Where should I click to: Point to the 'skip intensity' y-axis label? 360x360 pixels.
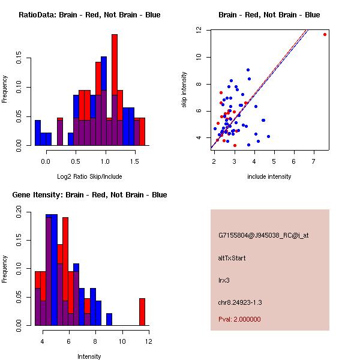[184, 90]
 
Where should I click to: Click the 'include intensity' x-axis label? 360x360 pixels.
[269, 176]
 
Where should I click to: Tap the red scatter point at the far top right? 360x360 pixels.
[325, 34]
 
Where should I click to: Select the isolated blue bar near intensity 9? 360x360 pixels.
[109, 319]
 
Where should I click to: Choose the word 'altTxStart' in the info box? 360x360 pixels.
[232, 258]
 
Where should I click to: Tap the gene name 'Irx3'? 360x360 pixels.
[224, 280]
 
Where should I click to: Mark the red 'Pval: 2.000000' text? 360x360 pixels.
[239, 319]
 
